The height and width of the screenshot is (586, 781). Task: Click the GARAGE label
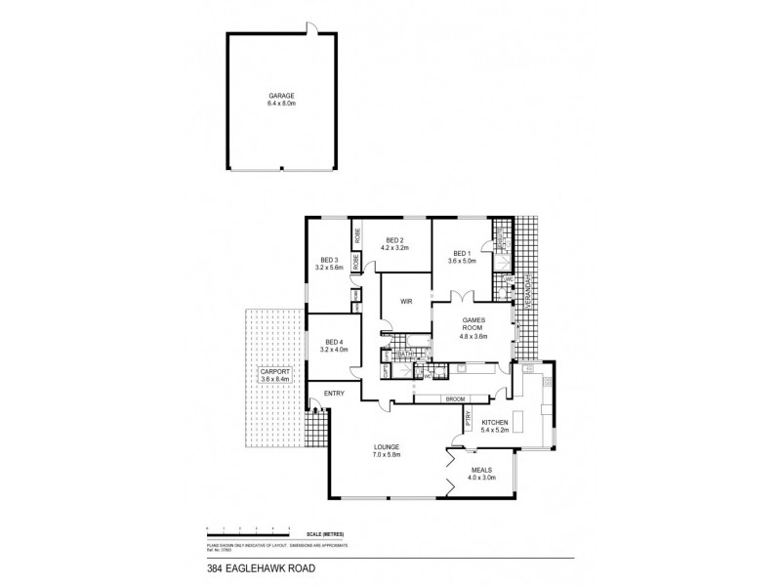281,95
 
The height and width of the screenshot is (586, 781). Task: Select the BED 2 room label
395,241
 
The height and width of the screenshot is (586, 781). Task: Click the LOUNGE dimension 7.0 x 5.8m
387,454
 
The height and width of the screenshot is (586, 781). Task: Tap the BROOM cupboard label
454,398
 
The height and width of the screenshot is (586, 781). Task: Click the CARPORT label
271,373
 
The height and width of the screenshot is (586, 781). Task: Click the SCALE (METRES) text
327,533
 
